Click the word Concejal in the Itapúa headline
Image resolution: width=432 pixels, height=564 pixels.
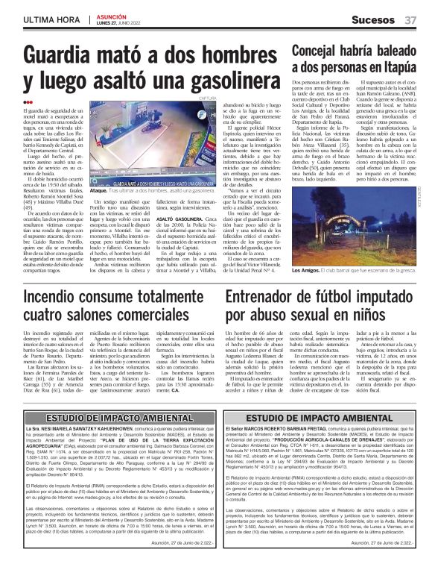point(315,51)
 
